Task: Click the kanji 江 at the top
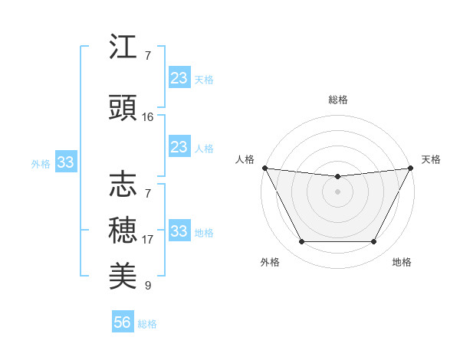click(123, 47)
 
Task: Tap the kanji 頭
click(123, 108)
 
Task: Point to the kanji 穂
click(123, 229)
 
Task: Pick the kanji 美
click(123, 275)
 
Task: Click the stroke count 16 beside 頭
click(148, 117)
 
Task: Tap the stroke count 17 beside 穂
click(148, 240)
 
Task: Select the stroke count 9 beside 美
click(148, 286)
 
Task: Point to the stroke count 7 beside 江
click(148, 56)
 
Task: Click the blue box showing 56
click(123, 322)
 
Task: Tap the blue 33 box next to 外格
click(66, 162)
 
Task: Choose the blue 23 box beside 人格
click(179, 147)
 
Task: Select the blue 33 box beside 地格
click(179, 231)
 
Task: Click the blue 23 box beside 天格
click(179, 78)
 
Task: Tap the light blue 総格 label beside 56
click(148, 324)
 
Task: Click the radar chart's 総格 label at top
click(337, 100)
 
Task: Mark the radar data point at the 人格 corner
click(265, 168)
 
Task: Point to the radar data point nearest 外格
click(301, 242)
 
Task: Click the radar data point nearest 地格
click(374, 242)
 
